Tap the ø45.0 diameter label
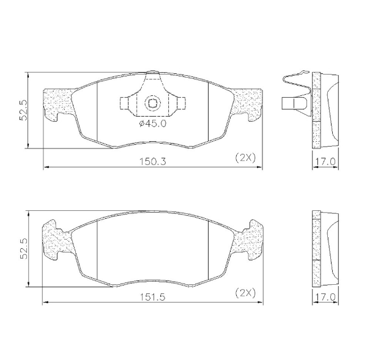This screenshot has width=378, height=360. (152, 124)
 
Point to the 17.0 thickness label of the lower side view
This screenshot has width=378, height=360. (324, 297)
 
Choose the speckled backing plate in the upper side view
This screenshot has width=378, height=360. (316, 110)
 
